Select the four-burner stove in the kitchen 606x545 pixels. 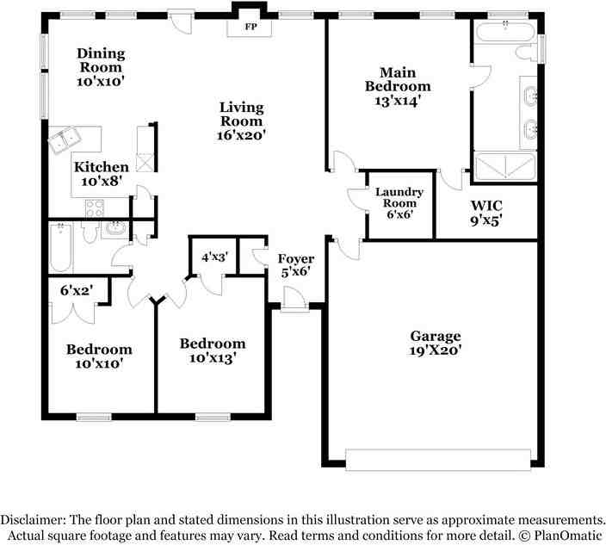tap(94, 207)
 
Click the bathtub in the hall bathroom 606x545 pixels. tap(60, 247)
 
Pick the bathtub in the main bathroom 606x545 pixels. tap(504, 34)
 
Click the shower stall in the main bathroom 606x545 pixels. tap(506, 164)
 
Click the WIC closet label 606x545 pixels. tap(486, 206)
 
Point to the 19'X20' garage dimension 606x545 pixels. tap(435, 350)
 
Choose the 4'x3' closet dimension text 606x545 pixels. tap(213, 257)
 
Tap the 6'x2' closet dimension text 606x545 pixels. tap(76, 291)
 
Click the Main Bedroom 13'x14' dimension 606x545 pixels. tap(397, 101)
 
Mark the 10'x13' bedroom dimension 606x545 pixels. tap(212, 358)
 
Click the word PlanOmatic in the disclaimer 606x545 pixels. tap(563, 534)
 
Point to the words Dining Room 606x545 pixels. tap(101, 60)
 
